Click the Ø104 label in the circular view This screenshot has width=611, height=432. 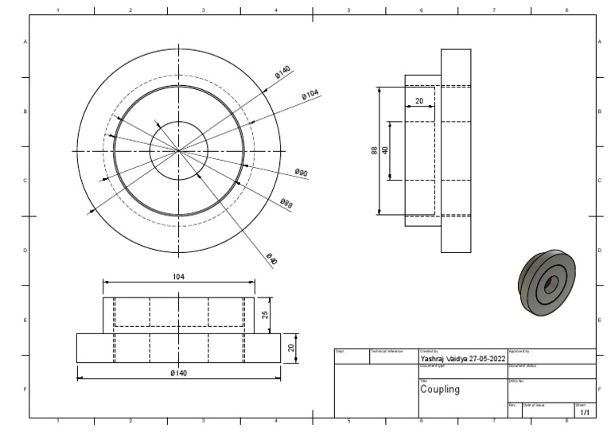pos(309,95)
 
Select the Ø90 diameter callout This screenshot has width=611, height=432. pos(301,173)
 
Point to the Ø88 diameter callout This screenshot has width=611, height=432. pos(286,204)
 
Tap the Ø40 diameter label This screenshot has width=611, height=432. pos(271,260)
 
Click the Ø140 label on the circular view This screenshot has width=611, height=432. pos(282,72)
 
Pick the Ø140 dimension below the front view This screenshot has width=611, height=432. pos(178,373)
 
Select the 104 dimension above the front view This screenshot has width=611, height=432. pos(179,276)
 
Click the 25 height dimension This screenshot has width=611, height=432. pos(266,315)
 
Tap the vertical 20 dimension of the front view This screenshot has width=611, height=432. pos(291,348)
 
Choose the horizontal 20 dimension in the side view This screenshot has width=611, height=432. pos(419,102)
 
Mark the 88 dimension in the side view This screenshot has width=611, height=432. pos(375,150)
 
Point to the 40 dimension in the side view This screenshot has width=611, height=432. pos(385,150)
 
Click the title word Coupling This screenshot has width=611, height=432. pos(439,390)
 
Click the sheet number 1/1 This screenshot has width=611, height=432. pos(585,413)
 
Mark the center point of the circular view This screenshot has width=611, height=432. pos(179,150)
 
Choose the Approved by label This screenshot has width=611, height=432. pos(519,351)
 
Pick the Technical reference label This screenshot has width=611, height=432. pos(387,351)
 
